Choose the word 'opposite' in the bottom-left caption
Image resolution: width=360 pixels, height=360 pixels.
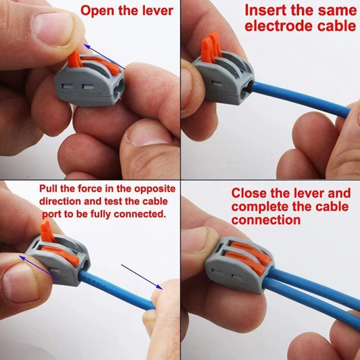(155, 189)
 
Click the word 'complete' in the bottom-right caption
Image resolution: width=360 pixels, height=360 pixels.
(260, 207)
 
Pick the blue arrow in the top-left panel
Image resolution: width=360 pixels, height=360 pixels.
(104, 57)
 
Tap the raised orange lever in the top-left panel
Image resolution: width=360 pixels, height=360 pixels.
(75, 59)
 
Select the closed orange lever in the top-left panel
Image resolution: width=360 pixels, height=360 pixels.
(101, 65)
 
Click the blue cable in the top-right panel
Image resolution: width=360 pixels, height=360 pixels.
(301, 98)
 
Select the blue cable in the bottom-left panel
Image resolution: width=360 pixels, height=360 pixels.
(116, 290)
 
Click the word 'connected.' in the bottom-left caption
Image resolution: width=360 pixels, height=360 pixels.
(139, 214)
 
